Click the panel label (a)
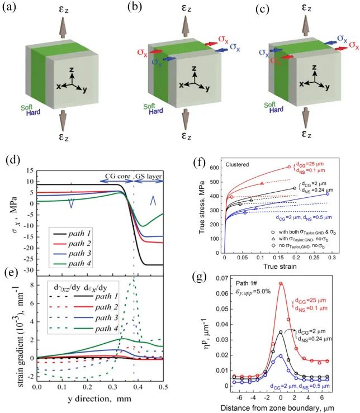13,10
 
